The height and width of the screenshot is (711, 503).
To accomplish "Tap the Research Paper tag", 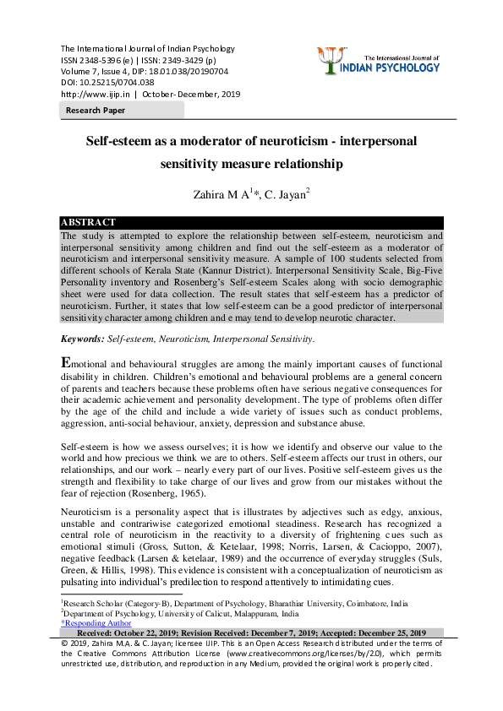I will click(x=96, y=111).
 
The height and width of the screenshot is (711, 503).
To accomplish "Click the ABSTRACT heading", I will click(x=88, y=223).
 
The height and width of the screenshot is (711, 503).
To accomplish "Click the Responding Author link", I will click(x=96, y=623).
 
